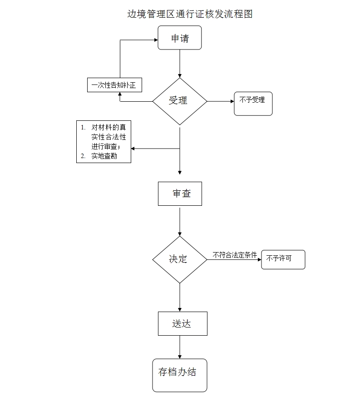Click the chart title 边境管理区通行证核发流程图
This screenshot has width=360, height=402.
point(190,14)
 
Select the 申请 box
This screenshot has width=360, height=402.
point(180,38)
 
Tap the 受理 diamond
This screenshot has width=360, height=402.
point(180,101)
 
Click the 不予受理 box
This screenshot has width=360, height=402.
point(253,104)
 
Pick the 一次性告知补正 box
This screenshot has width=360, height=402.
point(114,85)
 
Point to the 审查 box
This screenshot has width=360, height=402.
point(180,194)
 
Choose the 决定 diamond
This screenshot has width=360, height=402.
point(180,259)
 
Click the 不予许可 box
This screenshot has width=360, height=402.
point(283,259)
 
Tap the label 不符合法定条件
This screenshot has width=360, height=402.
point(235,255)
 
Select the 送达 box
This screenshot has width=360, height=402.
point(182,323)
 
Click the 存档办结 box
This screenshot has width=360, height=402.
point(180,375)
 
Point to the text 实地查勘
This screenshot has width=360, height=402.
point(104,156)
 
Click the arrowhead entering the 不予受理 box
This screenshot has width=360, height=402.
point(232,101)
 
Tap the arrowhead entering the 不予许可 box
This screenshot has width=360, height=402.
point(260,259)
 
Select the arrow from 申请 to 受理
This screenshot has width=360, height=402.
point(180,64)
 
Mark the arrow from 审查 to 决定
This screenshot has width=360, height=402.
point(180,222)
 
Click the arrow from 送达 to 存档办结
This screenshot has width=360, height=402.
point(180,347)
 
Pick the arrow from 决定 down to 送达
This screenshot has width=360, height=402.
point(180,298)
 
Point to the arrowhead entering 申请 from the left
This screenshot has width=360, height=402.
point(156,40)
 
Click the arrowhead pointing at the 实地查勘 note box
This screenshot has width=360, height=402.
point(133,149)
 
